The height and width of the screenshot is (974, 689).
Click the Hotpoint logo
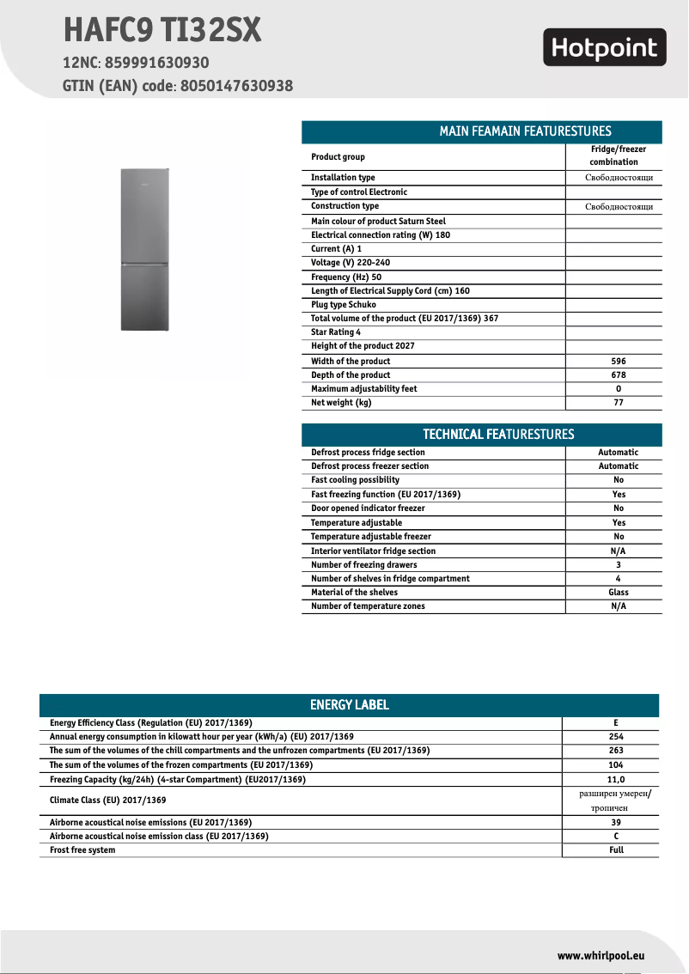604,48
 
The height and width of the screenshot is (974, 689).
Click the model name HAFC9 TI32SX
162,31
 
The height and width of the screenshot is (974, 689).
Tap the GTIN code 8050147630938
237,86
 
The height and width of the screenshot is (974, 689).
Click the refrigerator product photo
143,248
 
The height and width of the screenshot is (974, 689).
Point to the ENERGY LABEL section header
349,705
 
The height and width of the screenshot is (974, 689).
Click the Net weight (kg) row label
341,403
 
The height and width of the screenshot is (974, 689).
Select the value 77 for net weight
618,403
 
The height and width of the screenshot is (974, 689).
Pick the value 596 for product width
618,362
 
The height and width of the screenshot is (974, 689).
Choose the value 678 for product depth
618,375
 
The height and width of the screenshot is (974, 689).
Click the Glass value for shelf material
618,593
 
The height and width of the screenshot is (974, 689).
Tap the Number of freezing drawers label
363,565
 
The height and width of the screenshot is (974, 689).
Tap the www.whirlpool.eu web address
601,956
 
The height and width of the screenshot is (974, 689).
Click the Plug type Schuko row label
344,305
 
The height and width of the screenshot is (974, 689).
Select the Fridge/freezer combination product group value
618,155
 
